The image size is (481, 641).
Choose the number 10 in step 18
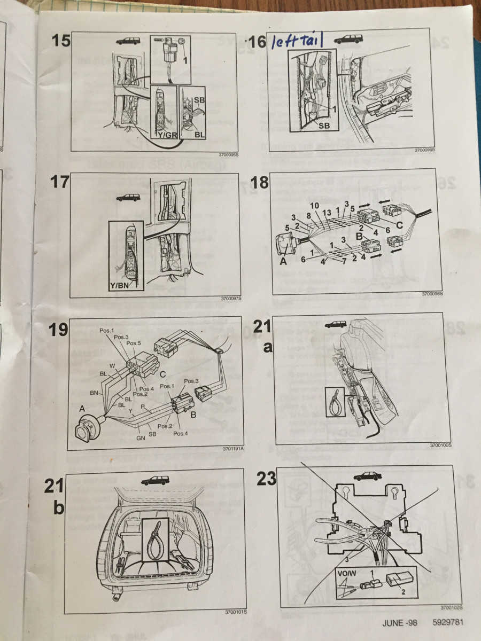[x=314, y=205]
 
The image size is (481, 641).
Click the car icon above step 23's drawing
[x=367, y=476]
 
